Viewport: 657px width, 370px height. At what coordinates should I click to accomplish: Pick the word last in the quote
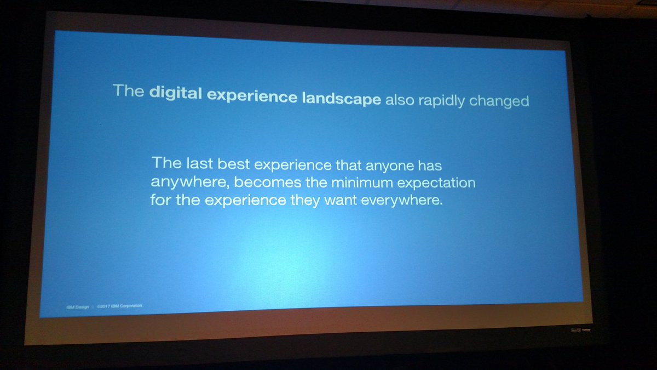pos(194,163)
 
